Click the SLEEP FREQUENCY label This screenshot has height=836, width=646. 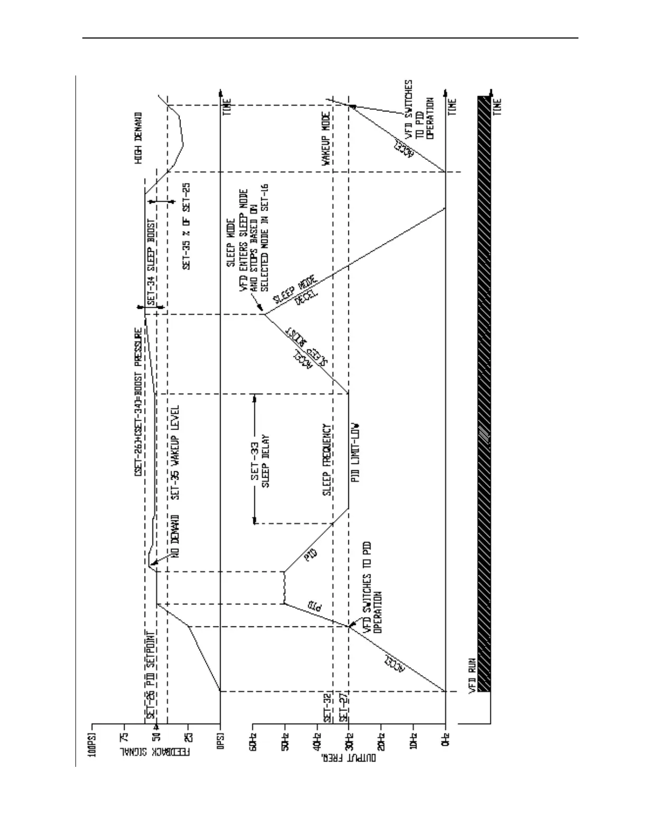pyautogui.click(x=327, y=460)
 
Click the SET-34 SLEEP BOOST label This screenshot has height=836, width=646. pyautogui.click(x=150, y=262)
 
